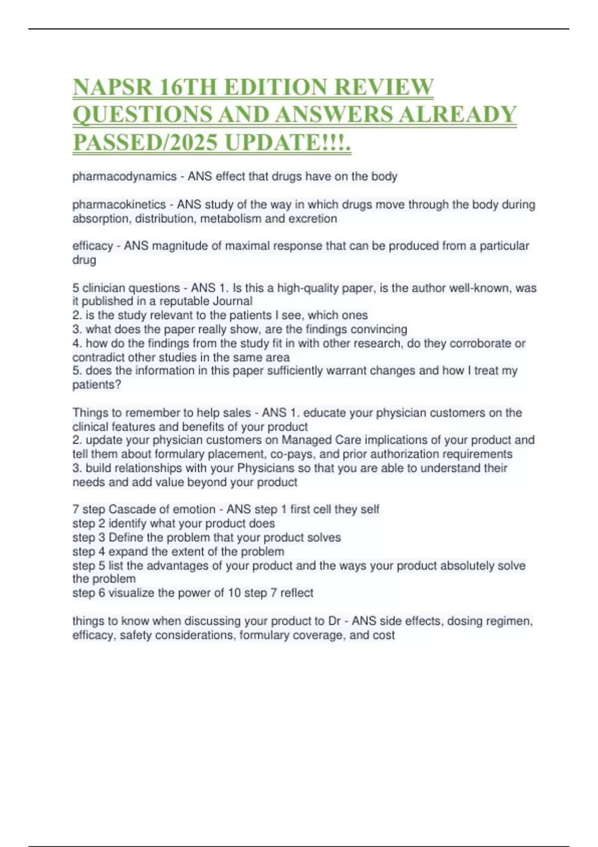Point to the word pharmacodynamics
click(125, 176)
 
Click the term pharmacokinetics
click(119, 204)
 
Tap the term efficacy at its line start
click(93, 246)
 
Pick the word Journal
click(233, 301)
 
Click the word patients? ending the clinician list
click(97, 385)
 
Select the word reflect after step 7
click(297, 593)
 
